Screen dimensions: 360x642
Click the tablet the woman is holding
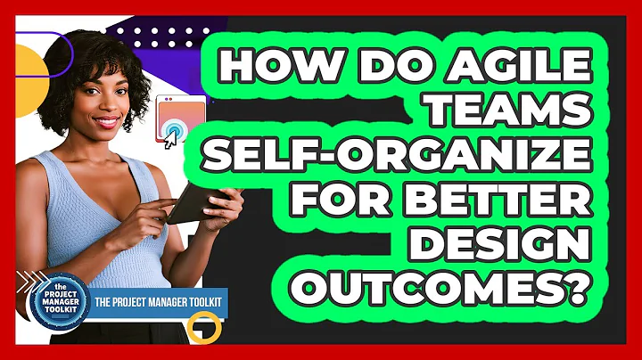tap(191, 207)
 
